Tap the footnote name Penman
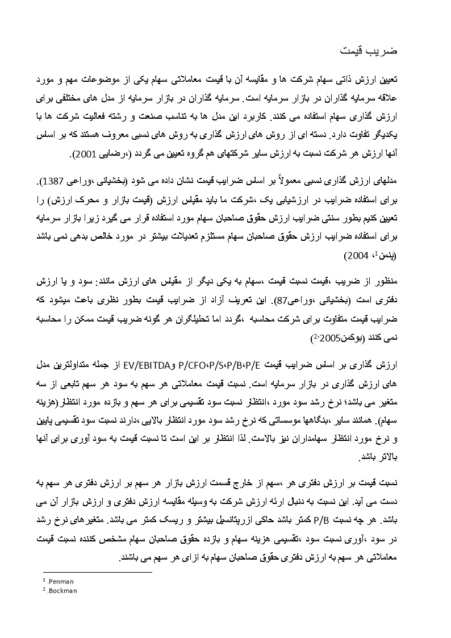click(x=61, y=582)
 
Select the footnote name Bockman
click(x=62, y=591)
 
